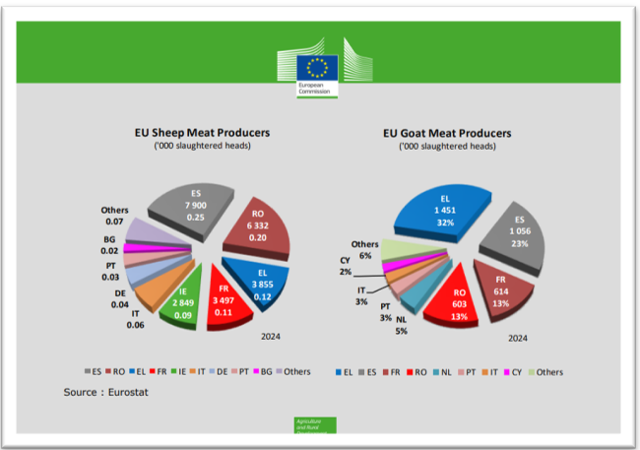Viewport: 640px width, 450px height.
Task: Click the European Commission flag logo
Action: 317,68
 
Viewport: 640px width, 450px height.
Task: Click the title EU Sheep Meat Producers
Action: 202,132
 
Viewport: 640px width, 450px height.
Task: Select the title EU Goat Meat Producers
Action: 447,132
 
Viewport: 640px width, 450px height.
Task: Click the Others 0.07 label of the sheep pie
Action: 114,216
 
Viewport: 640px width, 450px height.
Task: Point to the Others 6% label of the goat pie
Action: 364,250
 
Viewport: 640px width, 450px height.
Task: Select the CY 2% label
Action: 347,266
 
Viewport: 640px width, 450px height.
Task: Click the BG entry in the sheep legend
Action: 265,371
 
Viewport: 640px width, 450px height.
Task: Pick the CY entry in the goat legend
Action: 516,371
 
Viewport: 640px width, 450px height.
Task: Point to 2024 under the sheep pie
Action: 272,335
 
